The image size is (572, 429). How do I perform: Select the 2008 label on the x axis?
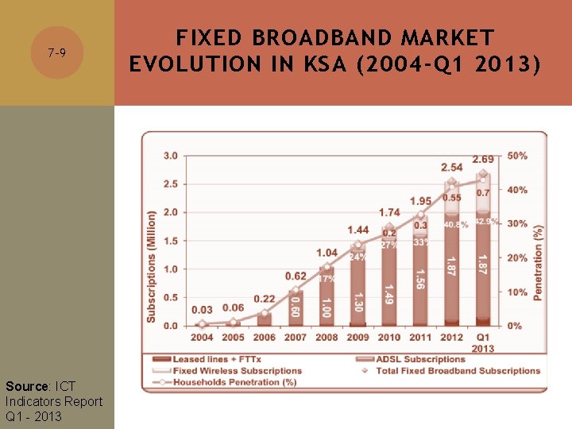point(327,337)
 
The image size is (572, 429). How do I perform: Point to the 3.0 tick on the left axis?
point(170,156)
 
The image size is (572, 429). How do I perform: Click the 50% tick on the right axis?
point(517,156)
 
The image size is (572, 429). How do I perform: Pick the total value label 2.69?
point(483,160)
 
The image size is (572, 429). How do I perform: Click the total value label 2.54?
point(451,168)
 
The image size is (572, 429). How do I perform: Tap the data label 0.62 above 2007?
point(296,276)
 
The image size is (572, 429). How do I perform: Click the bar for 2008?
point(327,297)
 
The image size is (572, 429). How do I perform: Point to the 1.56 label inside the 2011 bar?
point(420,279)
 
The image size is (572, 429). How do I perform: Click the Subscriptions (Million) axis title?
point(151,266)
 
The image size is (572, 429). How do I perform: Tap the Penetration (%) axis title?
point(539,262)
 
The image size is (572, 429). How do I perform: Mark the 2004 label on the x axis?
point(202,337)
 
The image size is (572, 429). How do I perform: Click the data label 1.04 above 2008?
point(327,253)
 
